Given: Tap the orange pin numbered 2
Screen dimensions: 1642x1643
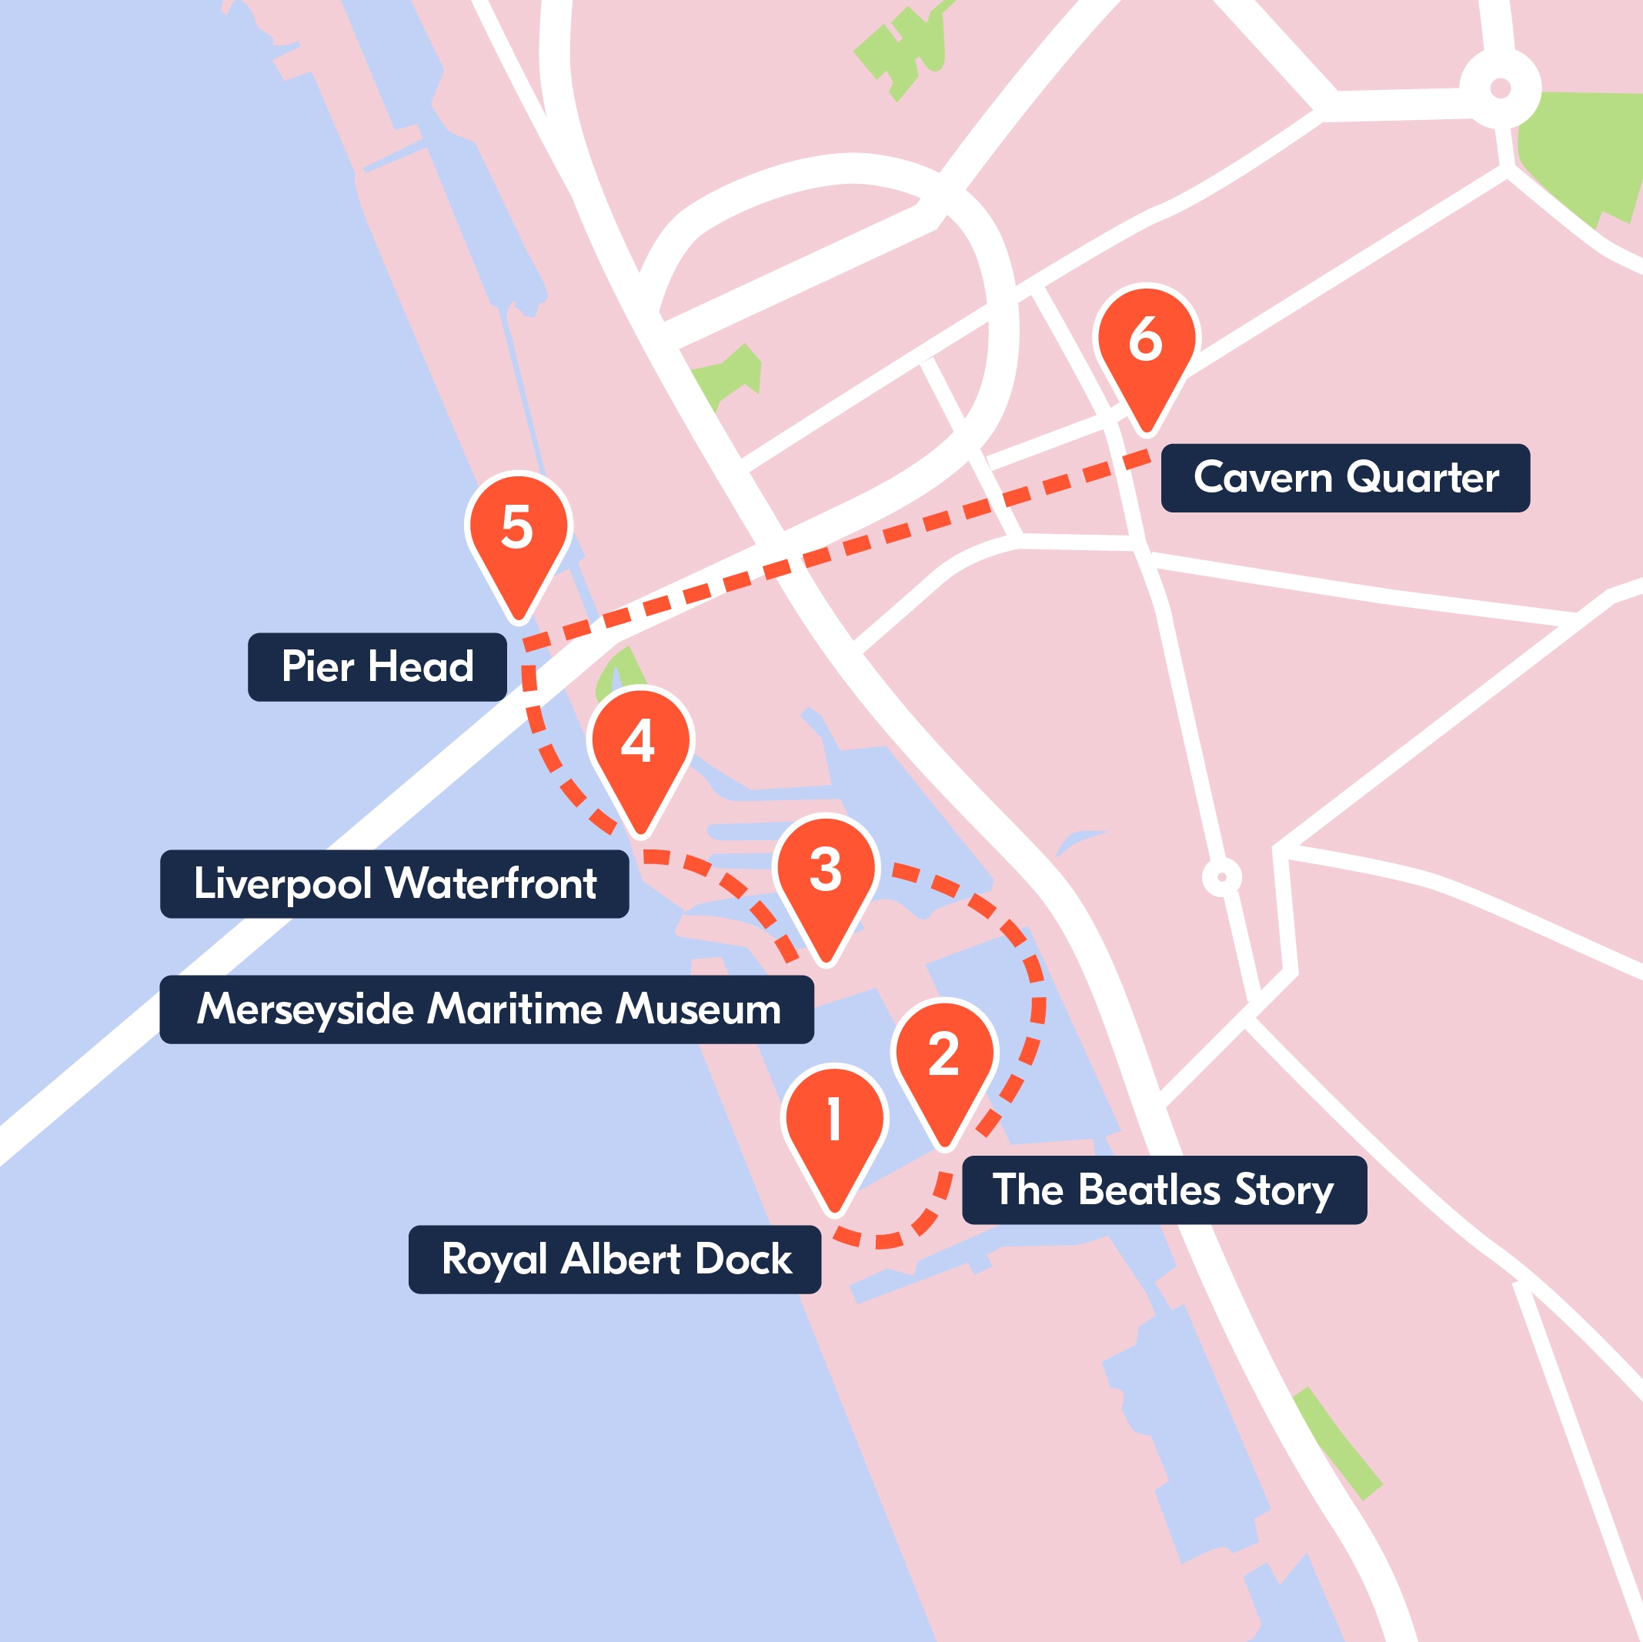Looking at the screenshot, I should [x=944, y=1054].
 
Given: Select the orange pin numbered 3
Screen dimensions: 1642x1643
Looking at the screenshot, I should [x=825, y=872].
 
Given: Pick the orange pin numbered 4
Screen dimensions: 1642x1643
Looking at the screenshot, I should [x=640, y=743].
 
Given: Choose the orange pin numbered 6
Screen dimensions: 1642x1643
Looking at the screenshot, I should [x=1146, y=340].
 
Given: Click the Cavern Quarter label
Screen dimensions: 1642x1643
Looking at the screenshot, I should [x=1344, y=478].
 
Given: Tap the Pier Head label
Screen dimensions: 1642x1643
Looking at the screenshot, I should [x=377, y=666].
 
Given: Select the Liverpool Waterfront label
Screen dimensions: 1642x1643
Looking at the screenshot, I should [x=395, y=883].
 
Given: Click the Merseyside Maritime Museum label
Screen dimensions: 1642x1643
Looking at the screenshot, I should [x=486, y=1010].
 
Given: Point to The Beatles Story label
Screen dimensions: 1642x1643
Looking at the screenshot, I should [x=1164, y=1190].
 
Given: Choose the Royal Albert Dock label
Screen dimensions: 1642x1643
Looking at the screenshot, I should [x=615, y=1260].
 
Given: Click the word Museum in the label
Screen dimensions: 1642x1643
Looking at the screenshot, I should [x=698, y=1010].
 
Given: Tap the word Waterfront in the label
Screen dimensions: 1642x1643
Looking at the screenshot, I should [x=492, y=883].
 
